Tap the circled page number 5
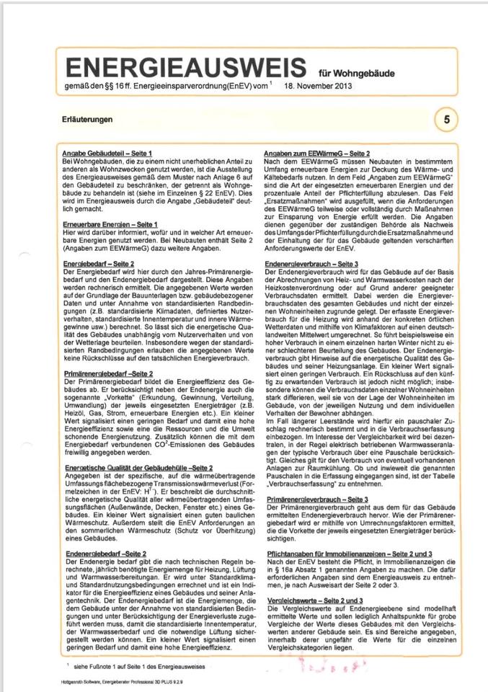446,120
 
